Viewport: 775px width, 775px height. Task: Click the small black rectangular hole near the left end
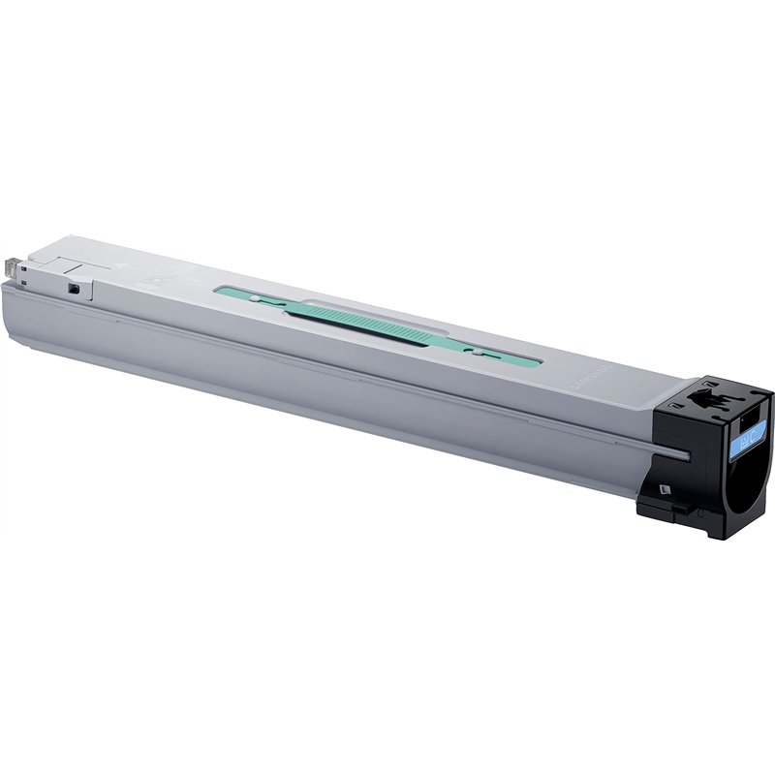click(x=74, y=288)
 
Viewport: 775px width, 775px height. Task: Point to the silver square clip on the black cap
click(x=664, y=489)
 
